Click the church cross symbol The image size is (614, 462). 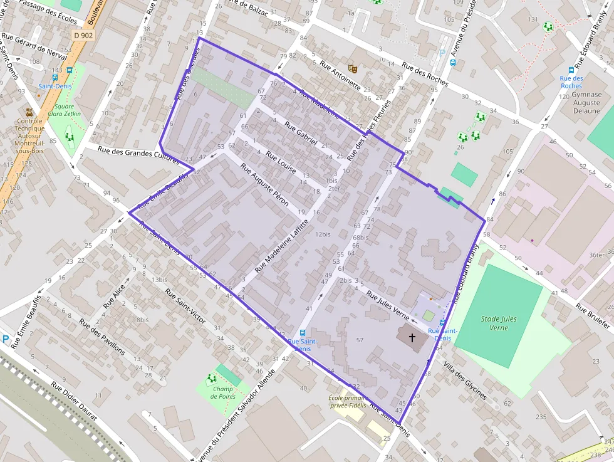pyautogui.click(x=412, y=338)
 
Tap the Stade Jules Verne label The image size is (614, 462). pyautogui.click(x=499, y=323)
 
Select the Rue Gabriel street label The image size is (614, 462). pyautogui.click(x=301, y=134)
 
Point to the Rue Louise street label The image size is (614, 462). pyautogui.click(x=280, y=162)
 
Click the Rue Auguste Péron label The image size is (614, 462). pyautogui.click(x=264, y=186)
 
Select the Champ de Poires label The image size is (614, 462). pyautogui.click(x=223, y=392)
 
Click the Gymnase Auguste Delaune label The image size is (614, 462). pyautogui.click(x=586, y=103)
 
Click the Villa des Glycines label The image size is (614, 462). pyautogui.click(x=464, y=381)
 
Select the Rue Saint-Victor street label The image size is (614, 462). pyautogui.click(x=185, y=306)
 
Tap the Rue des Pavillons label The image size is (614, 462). pyautogui.click(x=101, y=336)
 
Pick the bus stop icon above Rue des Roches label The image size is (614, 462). pyautogui.click(x=571, y=70)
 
